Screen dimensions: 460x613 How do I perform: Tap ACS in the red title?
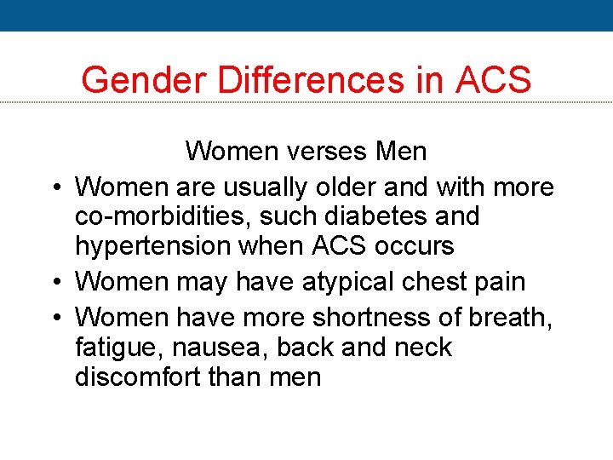(x=493, y=80)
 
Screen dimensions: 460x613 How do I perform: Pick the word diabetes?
(x=386, y=216)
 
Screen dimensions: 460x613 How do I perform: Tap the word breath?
(x=510, y=317)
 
